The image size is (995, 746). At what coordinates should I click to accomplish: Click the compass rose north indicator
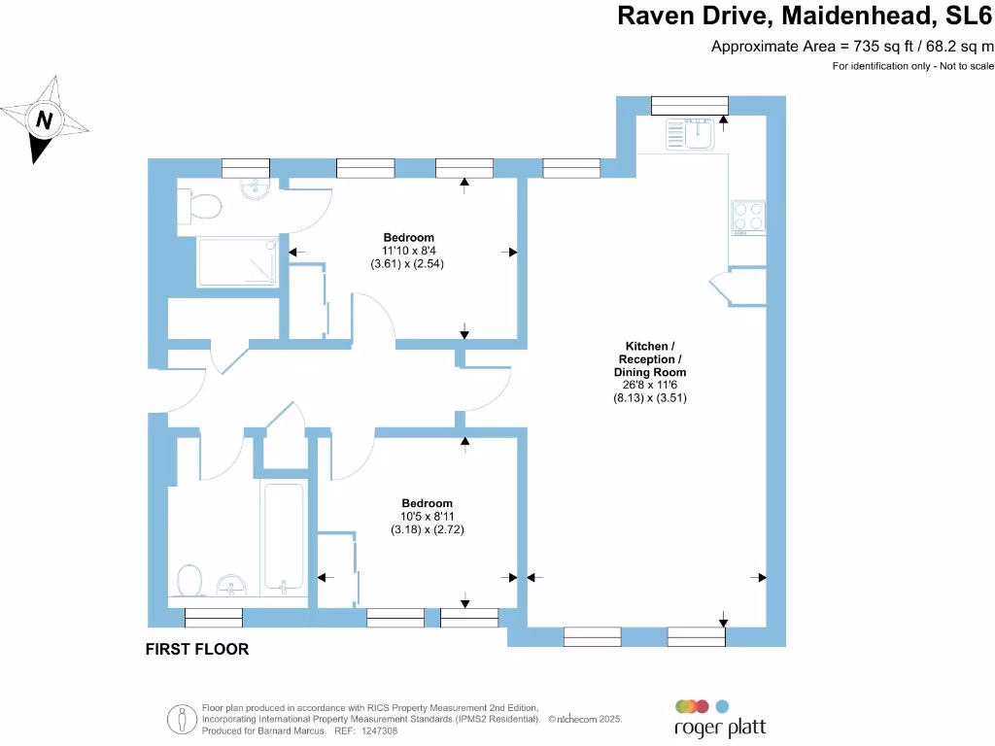(x=45, y=120)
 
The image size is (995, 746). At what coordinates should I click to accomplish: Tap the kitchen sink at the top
(x=691, y=135)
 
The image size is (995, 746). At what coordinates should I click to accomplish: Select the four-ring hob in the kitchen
(x=747, y=217)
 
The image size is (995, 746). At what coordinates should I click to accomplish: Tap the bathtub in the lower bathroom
(x=283, y=535)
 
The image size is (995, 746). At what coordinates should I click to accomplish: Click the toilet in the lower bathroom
(x=190, y=581)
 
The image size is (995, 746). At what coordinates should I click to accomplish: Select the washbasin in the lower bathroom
(x=231, y=585)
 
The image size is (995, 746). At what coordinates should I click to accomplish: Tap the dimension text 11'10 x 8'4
(x=408, y=251)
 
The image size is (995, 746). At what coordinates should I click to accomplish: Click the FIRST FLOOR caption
(x=197, y=649)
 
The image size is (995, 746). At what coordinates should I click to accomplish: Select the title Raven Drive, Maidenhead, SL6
(x=806, y=17)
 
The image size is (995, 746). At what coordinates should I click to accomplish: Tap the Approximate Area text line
(x=852, y=46)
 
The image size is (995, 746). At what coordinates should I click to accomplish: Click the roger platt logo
(x=720, y=719)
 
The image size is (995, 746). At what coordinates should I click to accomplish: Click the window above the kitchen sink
(x=689, y=105)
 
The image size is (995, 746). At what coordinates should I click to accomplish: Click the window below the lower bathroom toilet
(x=213, y=617)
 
